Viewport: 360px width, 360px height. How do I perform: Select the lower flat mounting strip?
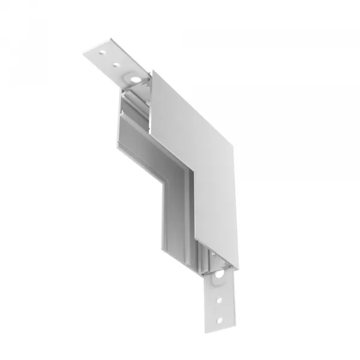click(x=220, y=300)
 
